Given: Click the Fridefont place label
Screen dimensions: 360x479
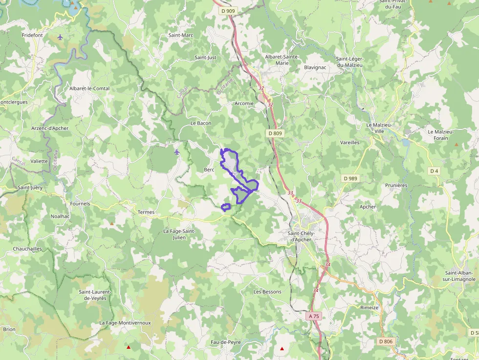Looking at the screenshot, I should click(33, 36).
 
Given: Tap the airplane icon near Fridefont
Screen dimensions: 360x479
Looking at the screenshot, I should click(60, 37).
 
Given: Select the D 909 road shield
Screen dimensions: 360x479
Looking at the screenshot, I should click(227, 11).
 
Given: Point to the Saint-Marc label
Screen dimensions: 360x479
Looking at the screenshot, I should click(181, 35).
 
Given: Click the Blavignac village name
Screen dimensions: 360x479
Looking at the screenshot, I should click(315, 67).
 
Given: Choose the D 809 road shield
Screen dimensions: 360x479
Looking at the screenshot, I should click(275, 133).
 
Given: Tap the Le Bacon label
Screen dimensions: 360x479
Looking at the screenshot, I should click(201, 123).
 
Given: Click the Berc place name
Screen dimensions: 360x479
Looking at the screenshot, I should click(209, 169).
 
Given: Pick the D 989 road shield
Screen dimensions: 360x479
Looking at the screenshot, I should click(350, 178).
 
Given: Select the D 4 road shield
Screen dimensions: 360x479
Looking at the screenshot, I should click(434, 170).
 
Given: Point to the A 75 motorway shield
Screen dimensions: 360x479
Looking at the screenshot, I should click(314, 316).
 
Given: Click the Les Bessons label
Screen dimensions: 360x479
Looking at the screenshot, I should click(267, 292).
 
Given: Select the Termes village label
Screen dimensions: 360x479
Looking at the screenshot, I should click(146, 212).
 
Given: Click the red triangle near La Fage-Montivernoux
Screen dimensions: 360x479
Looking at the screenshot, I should click(129, 347).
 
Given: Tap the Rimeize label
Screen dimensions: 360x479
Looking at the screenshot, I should click(370, 307).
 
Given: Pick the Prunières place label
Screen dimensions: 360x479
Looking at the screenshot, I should click(396, 185).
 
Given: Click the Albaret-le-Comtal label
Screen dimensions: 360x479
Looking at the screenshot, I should click(89, 88).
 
